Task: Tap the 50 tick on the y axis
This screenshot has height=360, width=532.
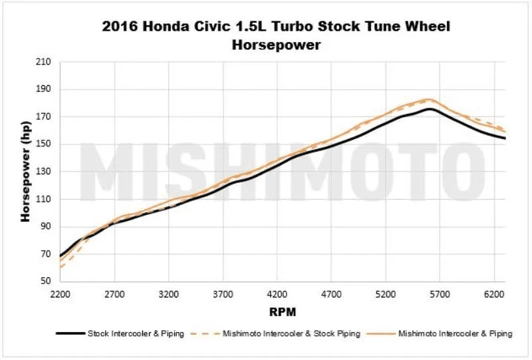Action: coord(45,281)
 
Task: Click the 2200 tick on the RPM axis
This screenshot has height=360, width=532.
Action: coord(60,293)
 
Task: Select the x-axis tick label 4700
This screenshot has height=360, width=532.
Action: coord(331,293)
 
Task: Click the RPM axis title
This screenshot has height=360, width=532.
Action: coord(283,311)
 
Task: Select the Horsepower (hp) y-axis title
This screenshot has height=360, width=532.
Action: coord(26,172)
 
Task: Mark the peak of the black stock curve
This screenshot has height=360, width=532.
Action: coord(430,108)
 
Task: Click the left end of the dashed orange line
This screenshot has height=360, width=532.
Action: coord(61,267)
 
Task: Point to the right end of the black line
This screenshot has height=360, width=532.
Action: coord(505,138)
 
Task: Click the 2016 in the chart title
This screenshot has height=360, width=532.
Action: coord(120,28)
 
